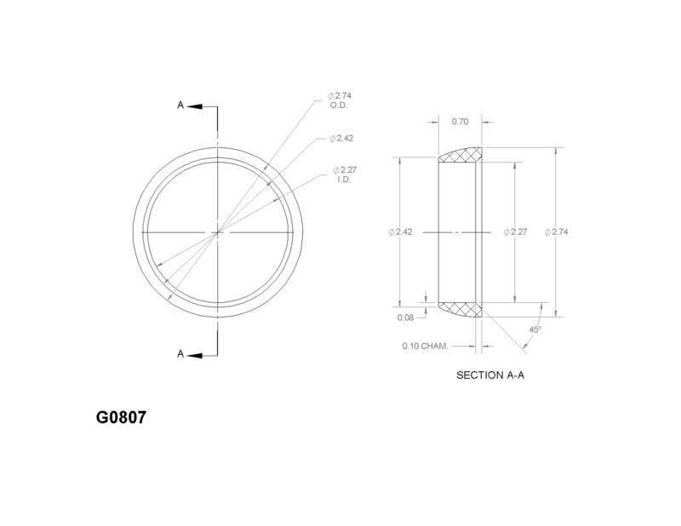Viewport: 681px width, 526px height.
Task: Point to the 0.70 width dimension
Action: tap(460, 122)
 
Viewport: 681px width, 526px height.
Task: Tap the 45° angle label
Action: tap(535, 329)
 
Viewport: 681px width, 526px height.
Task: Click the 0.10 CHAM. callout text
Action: tap(425, 346)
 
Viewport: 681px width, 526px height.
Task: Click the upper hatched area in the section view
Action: tap(461, 157)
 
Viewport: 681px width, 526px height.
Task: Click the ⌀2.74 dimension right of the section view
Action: tap(559, 232)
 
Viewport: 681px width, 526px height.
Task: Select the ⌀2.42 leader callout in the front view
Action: tap(341, 138)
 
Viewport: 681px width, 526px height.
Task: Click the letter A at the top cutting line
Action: tap(180, 106)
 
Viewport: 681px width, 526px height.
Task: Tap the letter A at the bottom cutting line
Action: tap(180, 354)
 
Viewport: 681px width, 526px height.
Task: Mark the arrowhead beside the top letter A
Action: tap(193, 106)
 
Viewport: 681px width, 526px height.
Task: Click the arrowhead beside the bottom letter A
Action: tap(193, 354)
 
